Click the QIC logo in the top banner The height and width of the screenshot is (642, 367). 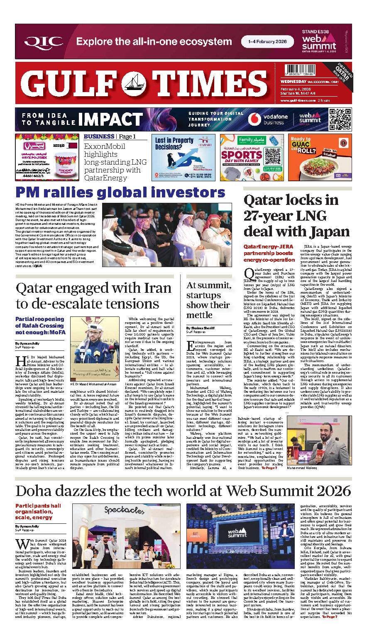pos(44,41)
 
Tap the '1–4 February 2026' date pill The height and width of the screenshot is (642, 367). pos(263,41)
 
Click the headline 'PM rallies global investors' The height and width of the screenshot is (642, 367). pos(120,192)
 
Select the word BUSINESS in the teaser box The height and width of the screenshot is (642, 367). pos(99,136)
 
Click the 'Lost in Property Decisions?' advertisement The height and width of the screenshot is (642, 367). pos(183,157)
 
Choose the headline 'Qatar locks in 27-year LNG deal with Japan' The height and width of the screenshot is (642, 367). pos(296,216)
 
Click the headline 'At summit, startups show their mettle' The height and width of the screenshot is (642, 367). pos(208,300)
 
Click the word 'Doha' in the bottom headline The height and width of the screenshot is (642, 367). pos(35,490)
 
